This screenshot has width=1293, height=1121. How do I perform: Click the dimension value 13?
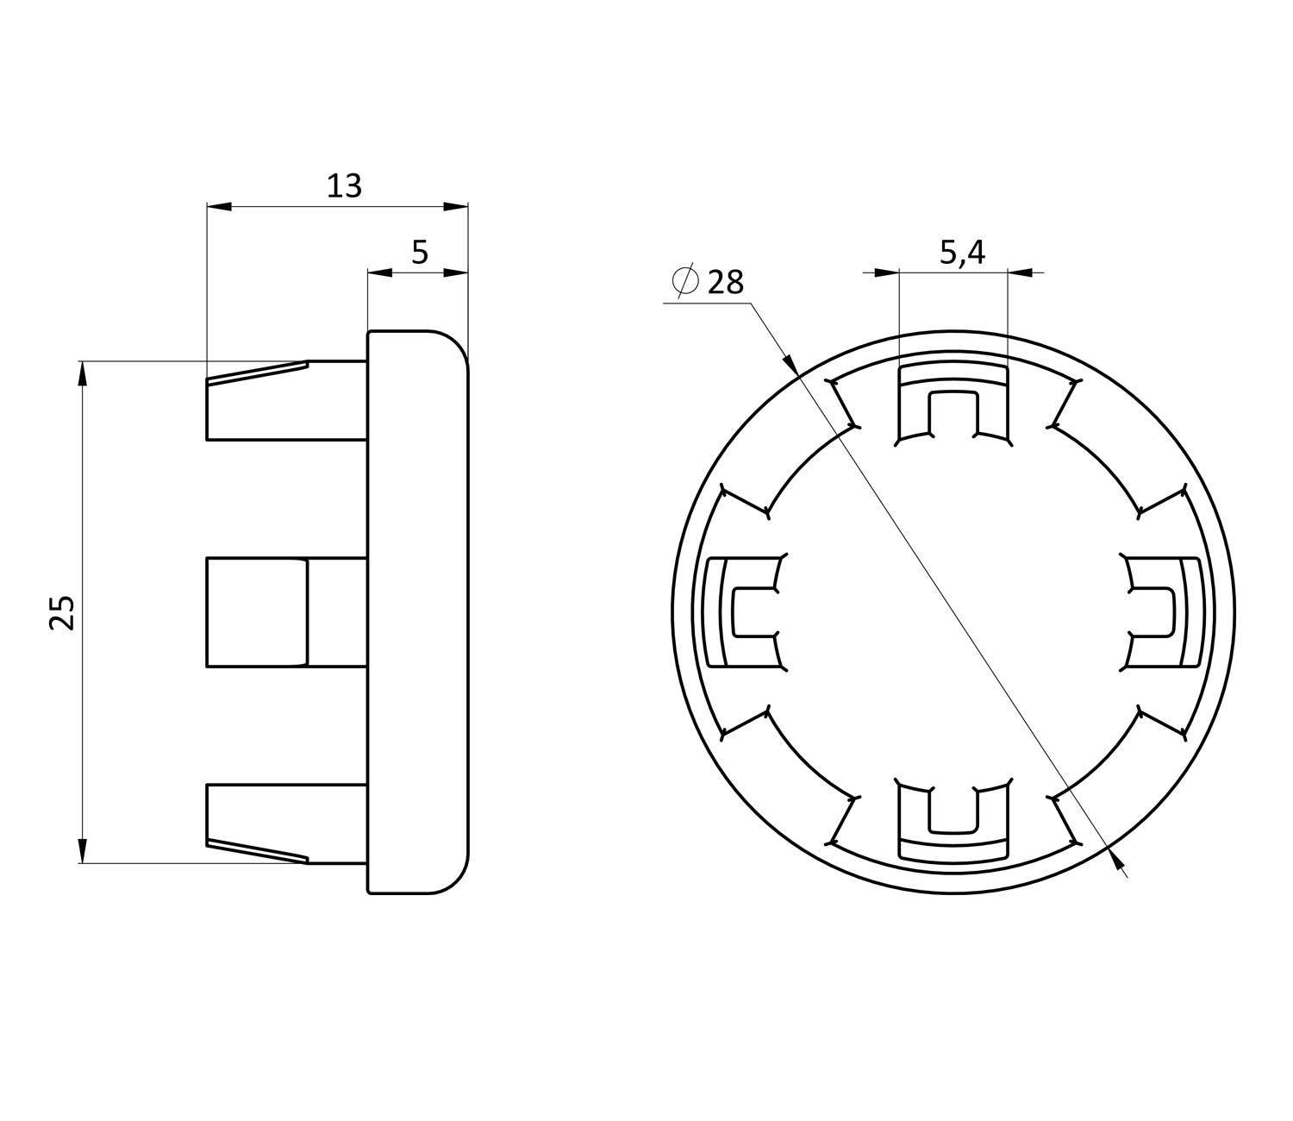[344, 186]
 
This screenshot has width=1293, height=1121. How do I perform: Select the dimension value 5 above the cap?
[421, 253]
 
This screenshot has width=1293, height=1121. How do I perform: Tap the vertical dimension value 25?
[62, 612]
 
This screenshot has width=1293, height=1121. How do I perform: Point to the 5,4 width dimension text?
[962, 253]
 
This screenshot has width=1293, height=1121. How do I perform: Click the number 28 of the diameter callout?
[726, 282]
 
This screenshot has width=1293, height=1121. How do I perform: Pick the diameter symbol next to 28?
[685, 279]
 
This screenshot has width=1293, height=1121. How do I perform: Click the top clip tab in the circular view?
[953, 404]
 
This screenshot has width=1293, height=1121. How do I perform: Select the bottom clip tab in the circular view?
[953, 821]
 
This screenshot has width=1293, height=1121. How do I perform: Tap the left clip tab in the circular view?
[745, 612]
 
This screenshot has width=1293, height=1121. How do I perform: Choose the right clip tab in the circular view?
[1162, 612]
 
